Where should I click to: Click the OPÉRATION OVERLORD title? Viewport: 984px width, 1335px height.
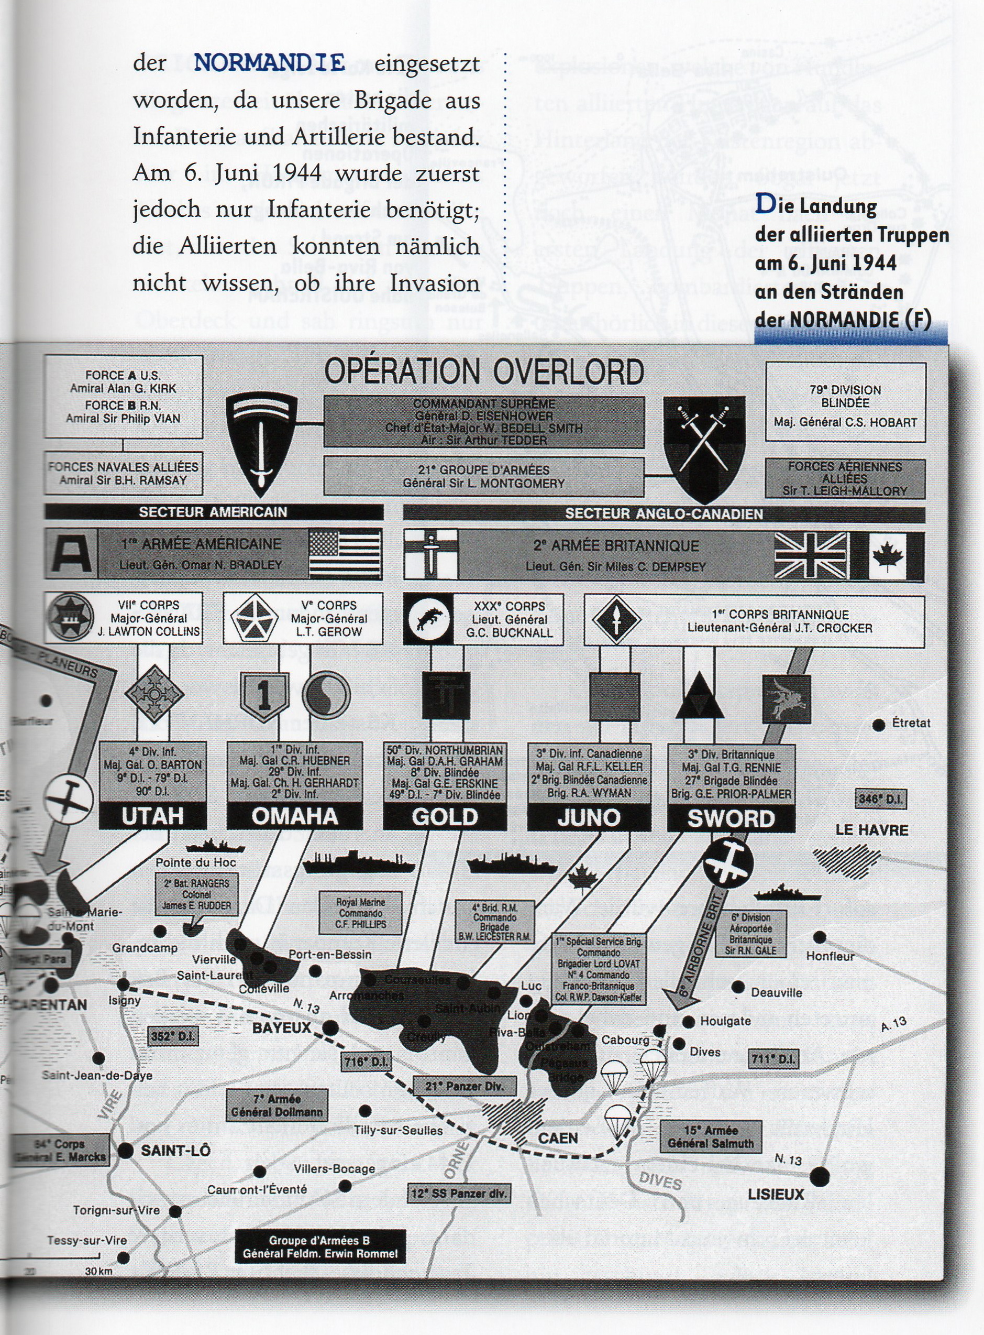coord(484,372)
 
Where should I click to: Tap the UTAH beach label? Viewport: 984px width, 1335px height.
coord(152,816)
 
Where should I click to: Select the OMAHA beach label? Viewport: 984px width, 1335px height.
coord(295,816)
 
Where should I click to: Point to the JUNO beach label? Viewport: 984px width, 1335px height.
coord(589,818)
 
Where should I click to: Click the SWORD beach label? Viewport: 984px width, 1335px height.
coord(731,819)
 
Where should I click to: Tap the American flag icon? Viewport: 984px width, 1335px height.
coord(346,554)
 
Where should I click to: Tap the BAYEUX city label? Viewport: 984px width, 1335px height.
coord(282,1028)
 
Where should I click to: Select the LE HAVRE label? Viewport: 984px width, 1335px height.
coord(871,830)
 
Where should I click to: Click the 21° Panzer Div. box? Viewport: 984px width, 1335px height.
coord(465,1086)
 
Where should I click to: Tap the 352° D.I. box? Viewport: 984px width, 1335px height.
coord(173,1036)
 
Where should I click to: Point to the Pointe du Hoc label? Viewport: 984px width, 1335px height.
coord(196,862)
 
